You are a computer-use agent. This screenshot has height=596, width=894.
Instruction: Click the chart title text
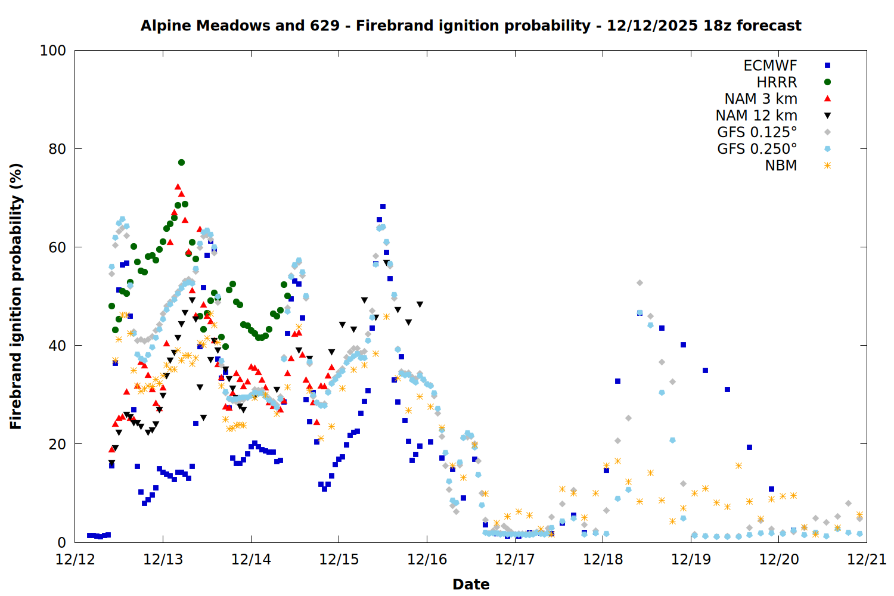(471, 26)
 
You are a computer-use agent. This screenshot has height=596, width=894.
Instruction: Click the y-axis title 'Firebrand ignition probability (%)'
(15, 296)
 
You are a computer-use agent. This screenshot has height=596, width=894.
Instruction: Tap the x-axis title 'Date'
(471, 584)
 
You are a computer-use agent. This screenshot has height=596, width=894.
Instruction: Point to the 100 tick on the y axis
(53, 51)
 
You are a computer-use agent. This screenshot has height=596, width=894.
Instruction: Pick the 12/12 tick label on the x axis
(75, 560)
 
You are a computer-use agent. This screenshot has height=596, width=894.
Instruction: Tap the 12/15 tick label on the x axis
(339, 560)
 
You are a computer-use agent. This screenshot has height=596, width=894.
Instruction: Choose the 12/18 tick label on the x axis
(603, 560)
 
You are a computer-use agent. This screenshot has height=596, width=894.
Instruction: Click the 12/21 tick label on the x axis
(867, 560)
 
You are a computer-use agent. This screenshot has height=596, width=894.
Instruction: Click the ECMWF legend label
(770, 66)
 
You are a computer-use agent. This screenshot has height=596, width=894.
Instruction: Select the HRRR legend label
(777, 82)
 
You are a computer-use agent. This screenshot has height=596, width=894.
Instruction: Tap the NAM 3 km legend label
(760, 99)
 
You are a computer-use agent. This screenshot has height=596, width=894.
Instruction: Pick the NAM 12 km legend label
(756, 116)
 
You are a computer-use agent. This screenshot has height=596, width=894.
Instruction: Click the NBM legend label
(781, 166)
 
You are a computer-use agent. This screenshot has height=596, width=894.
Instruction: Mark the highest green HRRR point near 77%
(181, 162)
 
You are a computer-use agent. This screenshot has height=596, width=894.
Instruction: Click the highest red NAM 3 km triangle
(178, 187)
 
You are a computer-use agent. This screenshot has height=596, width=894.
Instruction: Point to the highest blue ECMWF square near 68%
(383, 207)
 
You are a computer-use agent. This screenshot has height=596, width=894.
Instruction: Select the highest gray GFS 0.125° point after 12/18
(640, 283)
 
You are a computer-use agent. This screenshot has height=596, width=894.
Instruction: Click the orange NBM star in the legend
(827, 166)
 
